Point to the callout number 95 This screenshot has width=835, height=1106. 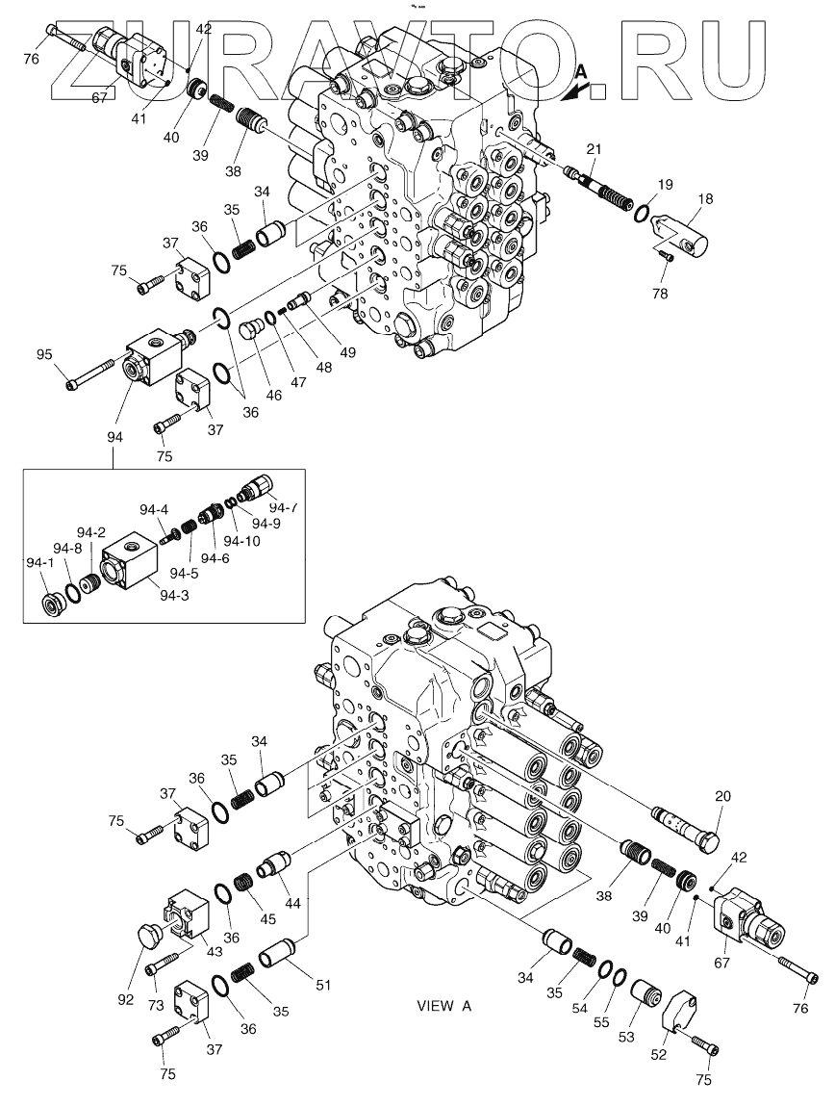[44, 356]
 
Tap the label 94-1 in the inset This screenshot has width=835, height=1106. [38, 562]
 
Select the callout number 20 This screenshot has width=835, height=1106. [723, 797]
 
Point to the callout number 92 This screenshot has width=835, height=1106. [125, 999]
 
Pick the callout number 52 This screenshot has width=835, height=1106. [658, 1055]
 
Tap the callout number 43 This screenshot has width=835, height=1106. [213, 951]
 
